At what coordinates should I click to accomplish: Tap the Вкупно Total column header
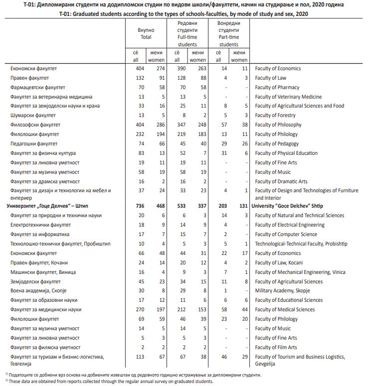click(x=146, y=33)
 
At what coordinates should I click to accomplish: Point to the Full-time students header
click(x=187, y=34)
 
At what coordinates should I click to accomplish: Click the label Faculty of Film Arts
click(x=276, y=347)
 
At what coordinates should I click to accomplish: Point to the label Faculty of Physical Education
click(x=286, y=153)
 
